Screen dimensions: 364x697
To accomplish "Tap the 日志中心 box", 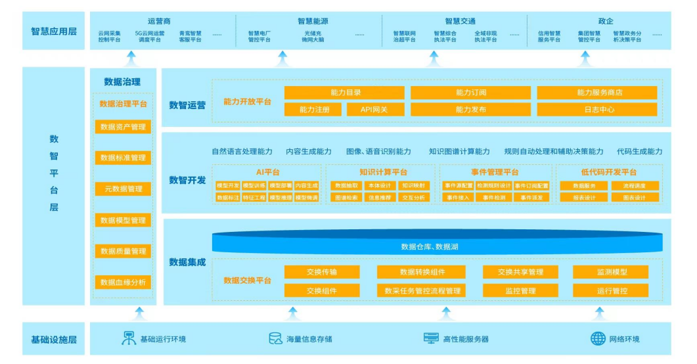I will (596, 110).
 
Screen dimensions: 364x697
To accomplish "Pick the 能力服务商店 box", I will (596, 93).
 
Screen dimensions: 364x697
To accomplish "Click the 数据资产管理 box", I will (123, 127).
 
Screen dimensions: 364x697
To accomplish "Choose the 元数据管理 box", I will (123, 189).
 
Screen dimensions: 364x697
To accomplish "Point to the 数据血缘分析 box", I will (123, 283).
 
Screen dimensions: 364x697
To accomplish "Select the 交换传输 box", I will (321, 272).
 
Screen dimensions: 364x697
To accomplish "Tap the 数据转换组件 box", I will (423, 272).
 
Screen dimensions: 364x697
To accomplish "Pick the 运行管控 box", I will (610, 290).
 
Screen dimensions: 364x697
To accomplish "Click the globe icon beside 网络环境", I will (598, 339).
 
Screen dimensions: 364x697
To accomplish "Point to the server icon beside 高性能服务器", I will (431, 339).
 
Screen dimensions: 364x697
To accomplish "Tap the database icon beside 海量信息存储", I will (275, 339).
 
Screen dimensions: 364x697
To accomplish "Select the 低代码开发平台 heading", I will (608, 172).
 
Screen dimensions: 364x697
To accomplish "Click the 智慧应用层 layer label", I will (54, 31).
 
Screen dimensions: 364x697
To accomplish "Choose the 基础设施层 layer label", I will (54, 340).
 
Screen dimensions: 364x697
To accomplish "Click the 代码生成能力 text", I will (639, 151).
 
